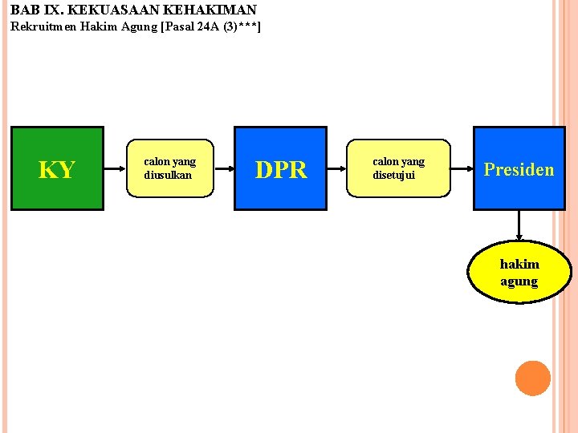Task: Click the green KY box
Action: point(57,168)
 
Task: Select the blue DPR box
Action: point(280,168)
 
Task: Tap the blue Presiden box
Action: point(519,168)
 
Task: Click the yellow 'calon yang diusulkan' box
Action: point(169,168)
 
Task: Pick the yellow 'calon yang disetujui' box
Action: point(398,168)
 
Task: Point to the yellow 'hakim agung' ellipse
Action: point(519,272)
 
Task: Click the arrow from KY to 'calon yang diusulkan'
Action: point(115,168)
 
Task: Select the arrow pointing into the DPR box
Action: point(224,168)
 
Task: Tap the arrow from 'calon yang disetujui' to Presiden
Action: point(461,168)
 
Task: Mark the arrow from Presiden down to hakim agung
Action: point(519,225)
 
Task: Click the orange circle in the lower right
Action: point(533,378)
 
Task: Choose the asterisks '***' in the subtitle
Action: point(245,27)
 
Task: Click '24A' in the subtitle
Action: point(208,27)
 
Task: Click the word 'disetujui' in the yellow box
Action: point(393,175)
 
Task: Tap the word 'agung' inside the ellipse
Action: point(519,281)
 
